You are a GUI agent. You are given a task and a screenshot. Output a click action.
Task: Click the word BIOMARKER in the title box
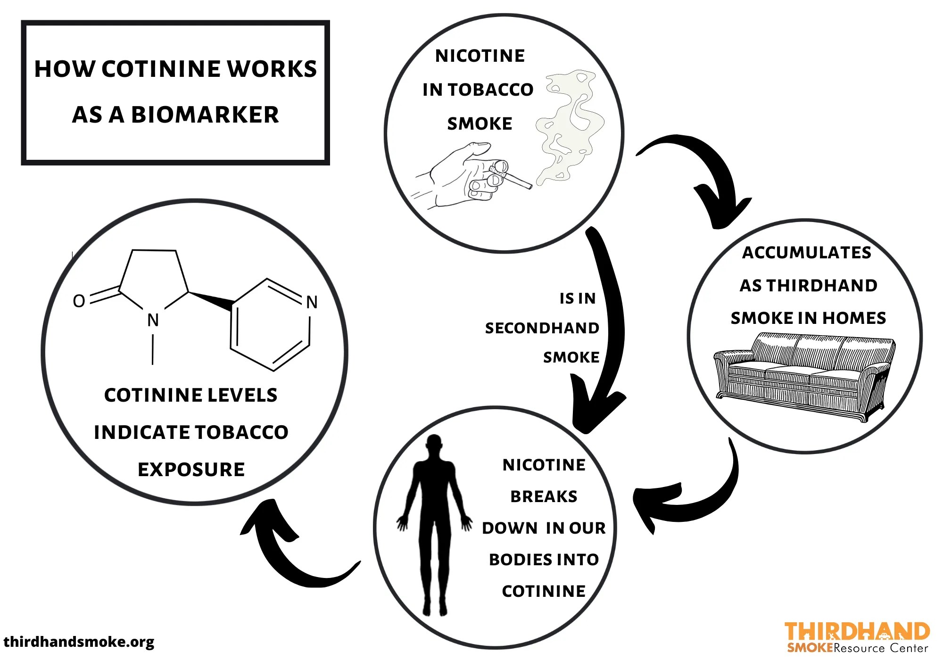tap(205, 115)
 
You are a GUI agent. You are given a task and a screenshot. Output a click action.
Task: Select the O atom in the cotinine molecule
tap(79, 301)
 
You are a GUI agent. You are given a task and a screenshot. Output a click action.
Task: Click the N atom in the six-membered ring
tap(312, 302)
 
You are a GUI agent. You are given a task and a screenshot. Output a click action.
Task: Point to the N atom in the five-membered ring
tap(153, 320)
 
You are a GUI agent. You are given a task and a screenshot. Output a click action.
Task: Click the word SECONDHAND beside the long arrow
tap(542, 328)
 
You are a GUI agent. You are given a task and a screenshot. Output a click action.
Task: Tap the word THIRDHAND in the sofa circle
tap(822, 286)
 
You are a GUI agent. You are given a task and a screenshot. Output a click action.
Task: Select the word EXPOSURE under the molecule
tap(191, 470)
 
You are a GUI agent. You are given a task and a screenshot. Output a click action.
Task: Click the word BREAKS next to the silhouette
tap(544, 496)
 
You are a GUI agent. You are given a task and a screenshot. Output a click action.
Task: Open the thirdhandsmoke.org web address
tap(79, 642)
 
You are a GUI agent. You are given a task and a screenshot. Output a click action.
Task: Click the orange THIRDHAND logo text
tap(857, 631)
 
